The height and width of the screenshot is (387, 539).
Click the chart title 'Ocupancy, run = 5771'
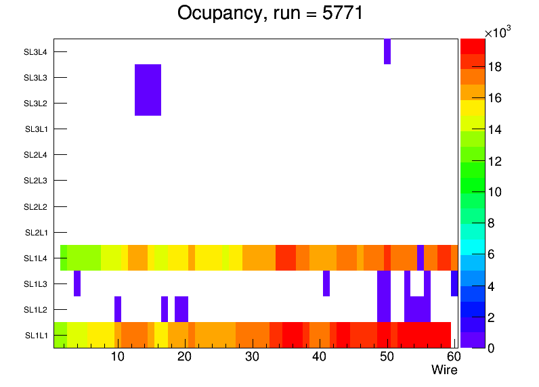270,13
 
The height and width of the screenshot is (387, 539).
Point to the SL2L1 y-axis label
36,233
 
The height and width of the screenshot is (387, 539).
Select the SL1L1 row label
36,336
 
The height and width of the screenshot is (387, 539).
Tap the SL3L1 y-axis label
36,129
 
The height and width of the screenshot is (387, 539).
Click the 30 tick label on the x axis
252,357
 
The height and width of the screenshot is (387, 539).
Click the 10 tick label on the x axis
118,357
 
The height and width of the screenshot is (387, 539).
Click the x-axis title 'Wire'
444,370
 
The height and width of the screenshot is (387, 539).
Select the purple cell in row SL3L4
387,51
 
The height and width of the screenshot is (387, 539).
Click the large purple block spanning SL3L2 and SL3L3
148,90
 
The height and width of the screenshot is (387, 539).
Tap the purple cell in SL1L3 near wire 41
326,283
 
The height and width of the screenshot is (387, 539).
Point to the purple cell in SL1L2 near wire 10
118,309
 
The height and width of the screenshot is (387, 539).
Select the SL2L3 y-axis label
36,181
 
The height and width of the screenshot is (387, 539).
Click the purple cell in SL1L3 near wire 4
77,283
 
